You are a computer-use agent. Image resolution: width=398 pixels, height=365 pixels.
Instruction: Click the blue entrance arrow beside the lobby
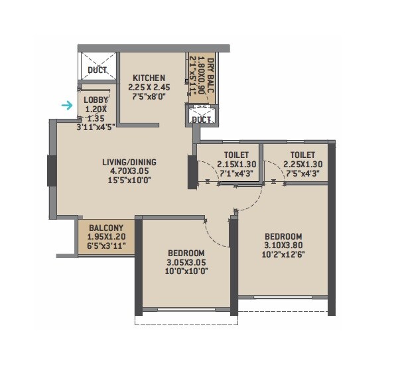click(67, 105)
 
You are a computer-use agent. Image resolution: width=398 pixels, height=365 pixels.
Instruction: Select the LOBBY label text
click(94, 100)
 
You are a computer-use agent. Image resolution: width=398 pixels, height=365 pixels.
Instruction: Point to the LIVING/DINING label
click(129, 161)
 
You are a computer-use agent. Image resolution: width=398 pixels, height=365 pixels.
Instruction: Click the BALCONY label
click(106, 226)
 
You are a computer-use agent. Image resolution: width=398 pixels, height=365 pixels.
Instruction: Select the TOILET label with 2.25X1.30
click(293, 155)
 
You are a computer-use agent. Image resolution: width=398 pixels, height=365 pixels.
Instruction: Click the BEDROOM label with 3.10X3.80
click(283, 236)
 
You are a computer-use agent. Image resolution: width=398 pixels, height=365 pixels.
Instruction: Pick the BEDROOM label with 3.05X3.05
click(186, 254)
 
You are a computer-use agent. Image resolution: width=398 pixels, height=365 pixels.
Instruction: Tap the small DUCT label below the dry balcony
click(202, 120)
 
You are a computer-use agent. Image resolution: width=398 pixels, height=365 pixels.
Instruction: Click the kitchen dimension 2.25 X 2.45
click(149, 87)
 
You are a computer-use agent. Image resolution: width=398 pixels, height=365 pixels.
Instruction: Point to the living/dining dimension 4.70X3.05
click(129, 170)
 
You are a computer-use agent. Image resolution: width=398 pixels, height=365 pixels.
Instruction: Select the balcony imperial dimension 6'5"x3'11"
click(107, 245)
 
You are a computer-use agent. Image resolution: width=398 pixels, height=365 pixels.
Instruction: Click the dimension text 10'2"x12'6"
click(283, 255)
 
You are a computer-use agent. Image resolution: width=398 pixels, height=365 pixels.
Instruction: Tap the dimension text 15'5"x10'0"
click(129, 179)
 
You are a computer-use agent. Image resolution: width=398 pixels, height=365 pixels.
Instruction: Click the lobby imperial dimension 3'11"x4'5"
click(96, 127)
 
